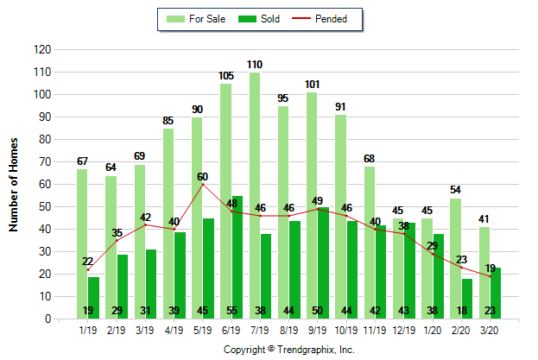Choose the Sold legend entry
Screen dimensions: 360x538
[264, 18]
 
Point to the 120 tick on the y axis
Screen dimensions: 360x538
[41, 50]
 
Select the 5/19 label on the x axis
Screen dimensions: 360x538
[203, 329]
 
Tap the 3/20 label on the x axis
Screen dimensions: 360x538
[491, 329]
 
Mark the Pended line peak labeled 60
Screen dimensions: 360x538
[203, 184]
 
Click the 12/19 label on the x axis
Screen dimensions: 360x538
[404, 329]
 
